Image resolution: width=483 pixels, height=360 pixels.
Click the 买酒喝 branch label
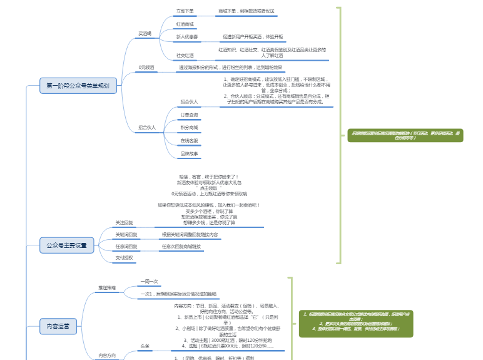point(145,33)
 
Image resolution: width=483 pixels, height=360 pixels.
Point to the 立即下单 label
point(185,11)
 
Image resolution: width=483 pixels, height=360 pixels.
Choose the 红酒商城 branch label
point(185,24)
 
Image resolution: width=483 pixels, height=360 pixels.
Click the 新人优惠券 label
point(186,38)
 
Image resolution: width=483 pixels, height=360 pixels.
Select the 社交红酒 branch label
point(185,56)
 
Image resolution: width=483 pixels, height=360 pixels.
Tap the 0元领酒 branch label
point(146,67)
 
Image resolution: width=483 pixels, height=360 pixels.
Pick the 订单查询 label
point(189,115)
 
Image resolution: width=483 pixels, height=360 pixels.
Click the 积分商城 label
point(189,128)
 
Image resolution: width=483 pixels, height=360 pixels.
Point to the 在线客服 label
point(189,141)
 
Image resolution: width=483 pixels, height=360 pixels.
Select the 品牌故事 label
point(189,154)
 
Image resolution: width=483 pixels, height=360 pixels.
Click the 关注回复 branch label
point(124,223)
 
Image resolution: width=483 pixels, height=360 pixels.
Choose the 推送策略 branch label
point(106,288)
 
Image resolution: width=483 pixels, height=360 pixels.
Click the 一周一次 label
point(150,282)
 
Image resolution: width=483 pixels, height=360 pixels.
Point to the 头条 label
point(145,346)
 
